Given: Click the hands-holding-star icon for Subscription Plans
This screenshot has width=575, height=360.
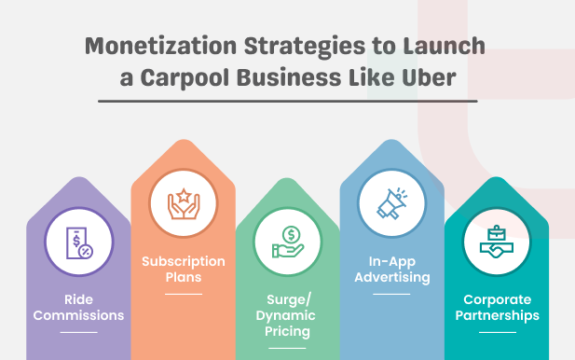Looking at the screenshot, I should pos(183,203).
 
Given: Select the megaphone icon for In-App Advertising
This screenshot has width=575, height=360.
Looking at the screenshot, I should pos(392,202).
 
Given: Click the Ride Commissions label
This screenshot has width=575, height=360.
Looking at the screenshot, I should pos(80,307).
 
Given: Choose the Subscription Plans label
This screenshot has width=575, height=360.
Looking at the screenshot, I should pos(184,270).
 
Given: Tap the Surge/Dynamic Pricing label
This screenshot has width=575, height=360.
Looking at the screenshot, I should pos(287,315).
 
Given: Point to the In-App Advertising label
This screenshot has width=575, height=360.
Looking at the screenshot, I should pos(392,269).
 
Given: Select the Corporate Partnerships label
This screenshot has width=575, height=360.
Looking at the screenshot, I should pos(497,307).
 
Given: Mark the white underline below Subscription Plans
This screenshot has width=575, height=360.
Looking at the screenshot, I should pos(184,294).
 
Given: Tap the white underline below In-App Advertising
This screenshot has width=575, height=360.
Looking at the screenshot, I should pos(392,293).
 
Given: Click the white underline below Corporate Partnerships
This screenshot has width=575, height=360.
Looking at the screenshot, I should pos(497,331).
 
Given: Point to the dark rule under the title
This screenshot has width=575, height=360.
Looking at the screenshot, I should pos(287,101).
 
